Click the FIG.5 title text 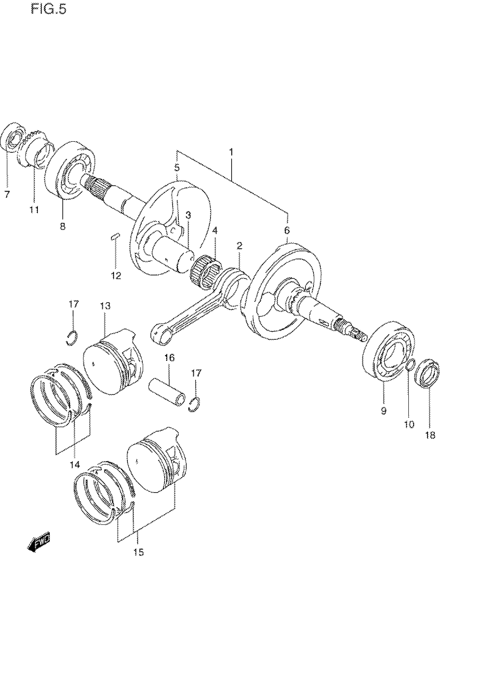pyautogui.click(x=49, y=10)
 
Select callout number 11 pyautogui.click(x=34, y=210)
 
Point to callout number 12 pyautogui.click(x=116, y=275)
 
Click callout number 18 pyautogui.click(x=430, y=435)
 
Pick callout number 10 pyautogui.click(x=409, y=424)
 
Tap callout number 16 pyautogui.click(x=170, y=358)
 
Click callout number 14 pyautogui.click(x=75, y=465)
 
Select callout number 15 pyautogui.click(x=138, y=552)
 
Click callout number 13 pyautogui.click(x=106, y=306)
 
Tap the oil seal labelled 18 pyautogui.click(x=427, y=373)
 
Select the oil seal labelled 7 pyautogui.click(x=13, y=137)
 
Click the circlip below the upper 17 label pyautogui.click(x=72, y=338)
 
